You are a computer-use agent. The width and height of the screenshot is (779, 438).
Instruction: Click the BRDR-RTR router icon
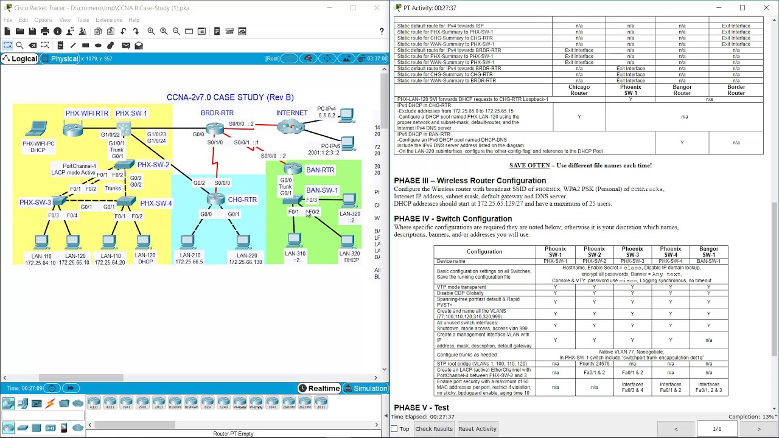[215, 128]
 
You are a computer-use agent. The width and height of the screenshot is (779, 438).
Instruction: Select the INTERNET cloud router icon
[290, 127]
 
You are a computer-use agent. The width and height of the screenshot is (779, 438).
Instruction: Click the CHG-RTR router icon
[215, 199]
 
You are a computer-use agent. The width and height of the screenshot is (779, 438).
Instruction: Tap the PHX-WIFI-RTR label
[87, 113]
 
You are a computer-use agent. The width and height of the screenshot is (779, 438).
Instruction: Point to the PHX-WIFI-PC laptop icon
[37, 129]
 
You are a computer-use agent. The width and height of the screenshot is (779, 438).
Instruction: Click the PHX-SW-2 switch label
[153, 165]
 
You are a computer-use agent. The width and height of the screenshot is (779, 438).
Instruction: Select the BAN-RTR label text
[320, 170]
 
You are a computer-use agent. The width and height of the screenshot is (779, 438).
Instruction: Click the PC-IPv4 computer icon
[347, 114]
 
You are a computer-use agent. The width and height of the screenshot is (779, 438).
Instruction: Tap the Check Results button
[434, 429]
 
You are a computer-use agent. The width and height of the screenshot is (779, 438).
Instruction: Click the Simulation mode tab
[365, 389]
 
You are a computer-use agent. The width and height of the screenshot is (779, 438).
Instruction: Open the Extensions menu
[108, 20]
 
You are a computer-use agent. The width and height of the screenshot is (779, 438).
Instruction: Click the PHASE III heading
[470, 181]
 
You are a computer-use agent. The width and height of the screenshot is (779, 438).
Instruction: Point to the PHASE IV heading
[453, 219]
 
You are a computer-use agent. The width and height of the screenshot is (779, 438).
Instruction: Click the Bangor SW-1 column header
[708, 252]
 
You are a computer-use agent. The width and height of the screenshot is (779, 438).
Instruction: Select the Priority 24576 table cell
[594, 364]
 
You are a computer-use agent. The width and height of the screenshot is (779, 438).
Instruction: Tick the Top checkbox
[394, 429]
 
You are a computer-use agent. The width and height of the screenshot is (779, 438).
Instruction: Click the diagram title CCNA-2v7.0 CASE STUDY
[230, 97]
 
